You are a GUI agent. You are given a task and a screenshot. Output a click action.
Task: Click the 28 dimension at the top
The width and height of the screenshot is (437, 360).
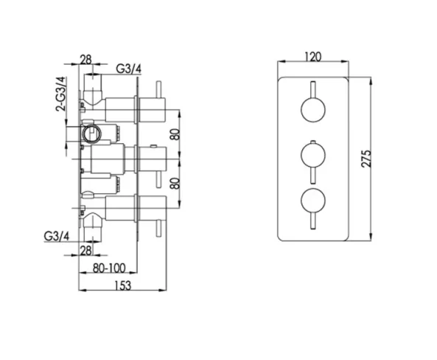click(85, 60)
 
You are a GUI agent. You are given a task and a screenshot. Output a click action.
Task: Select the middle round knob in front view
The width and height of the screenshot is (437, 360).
click(312, 156)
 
